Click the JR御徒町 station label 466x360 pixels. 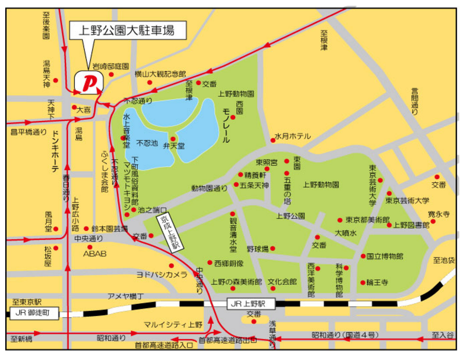(32, 313)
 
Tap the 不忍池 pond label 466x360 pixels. (147, 142)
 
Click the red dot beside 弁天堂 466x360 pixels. (173, 139)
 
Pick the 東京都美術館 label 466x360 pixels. (368, 220)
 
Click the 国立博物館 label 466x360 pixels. (385, 256)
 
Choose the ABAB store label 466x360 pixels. (95, 253)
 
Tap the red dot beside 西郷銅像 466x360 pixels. (209, 262)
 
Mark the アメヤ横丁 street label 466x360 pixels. (125, 296)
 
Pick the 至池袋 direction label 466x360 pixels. (444, 260)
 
